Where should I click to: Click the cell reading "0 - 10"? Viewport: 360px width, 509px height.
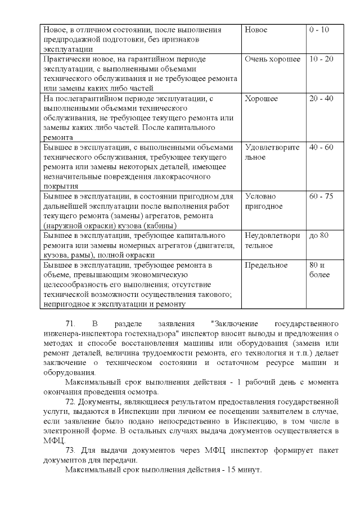point(319,30)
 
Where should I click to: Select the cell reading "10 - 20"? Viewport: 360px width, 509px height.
point(321,59)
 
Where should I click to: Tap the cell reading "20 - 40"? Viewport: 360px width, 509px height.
point(321,98)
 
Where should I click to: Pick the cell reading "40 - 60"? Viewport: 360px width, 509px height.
point(321,147)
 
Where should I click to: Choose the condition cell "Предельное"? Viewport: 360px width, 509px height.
point(267,265)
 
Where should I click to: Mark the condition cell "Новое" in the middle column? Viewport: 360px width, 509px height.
point(256,30)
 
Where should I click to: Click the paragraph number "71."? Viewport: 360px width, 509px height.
point(71,325)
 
